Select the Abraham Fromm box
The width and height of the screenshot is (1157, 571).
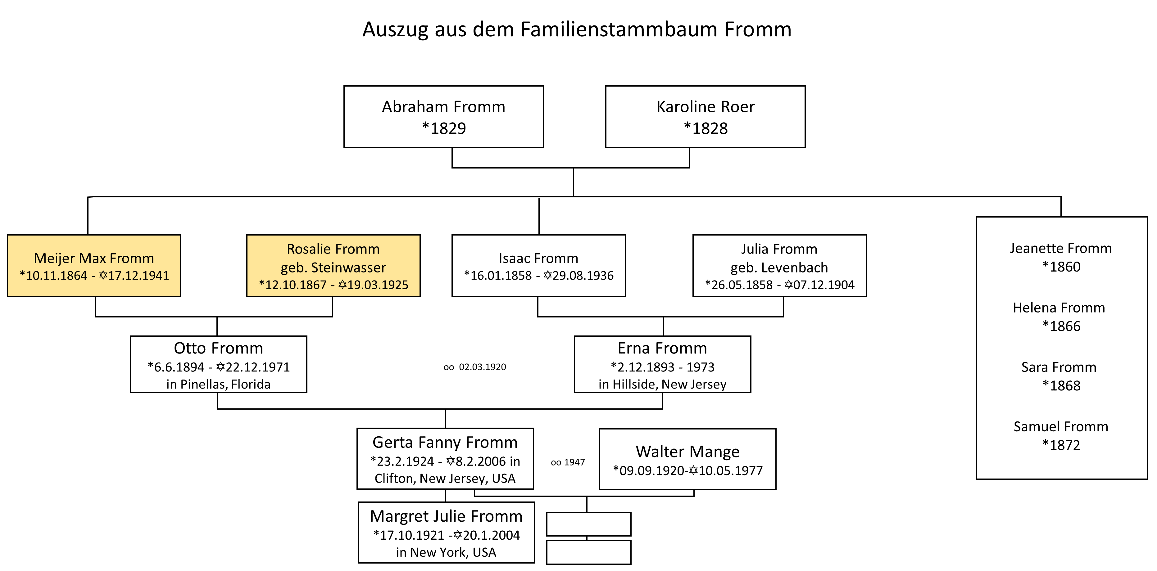coord(444,117)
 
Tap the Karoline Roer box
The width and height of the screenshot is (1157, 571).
coord(705,117)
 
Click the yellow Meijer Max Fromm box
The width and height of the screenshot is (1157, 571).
coord(94,266)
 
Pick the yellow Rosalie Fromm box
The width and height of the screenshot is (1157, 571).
coord(333,266)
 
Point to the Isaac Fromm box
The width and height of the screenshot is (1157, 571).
coord(538,266)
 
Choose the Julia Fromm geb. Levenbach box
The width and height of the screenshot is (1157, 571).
coord(779,266)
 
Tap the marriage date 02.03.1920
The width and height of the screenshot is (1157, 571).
coord(482,367)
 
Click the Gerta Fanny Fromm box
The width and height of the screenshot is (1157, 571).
coord(445,459)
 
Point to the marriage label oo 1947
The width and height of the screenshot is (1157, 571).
coord(568,462)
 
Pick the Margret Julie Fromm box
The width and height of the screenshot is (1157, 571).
coord(447,533)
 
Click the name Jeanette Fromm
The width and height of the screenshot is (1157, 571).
coord(1061,248)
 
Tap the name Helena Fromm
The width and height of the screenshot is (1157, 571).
coord(1059,308)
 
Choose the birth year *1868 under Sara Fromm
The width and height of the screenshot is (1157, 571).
coord(1061,386)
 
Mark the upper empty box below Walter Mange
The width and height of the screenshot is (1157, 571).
coord(589,524)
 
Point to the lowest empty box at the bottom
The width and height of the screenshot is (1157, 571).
coord(589,552)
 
